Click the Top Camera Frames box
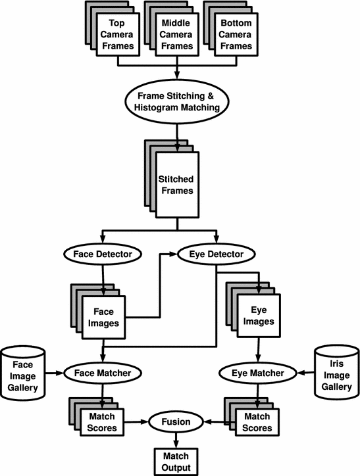click(x=118, y=34)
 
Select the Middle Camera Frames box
click(x=177, y=34)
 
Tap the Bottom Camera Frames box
click(x=236, y=34)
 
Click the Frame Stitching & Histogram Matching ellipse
click(x=177, y=102)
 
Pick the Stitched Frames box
click(x=177, y=185)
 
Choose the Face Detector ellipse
click(x=103, y=254)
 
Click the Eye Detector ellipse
click(x=217, y=254)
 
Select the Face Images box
click(x=103, y=318)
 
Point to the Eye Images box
click(x=259, y=316)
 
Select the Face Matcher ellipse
click(x=103, y=373)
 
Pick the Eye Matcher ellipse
click(x=258, y=373)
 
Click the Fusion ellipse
click(x=176, y=422)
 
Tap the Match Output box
click(x=176, y=462)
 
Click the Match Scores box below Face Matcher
click(x=102, y=422)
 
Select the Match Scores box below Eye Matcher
click(x=257, y=422)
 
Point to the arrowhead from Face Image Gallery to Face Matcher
click(x=60, y=373)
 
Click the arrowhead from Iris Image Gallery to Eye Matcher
click(x=301, y=373)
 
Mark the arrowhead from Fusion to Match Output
click(x=176, y=444)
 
